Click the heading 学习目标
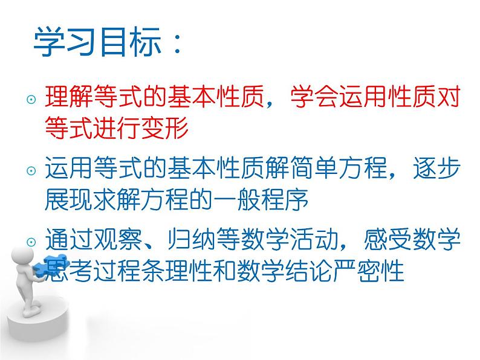[x=97, y=42]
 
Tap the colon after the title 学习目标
[x=177, y=45]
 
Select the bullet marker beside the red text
[x=31, y=99]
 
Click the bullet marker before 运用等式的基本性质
[x=31, y=170]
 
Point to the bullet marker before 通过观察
[x=31, y=242]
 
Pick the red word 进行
[x=117, y=128]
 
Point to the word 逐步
[x=436, y=167]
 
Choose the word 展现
[x=69, y=199]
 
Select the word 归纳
[x=191, y=239]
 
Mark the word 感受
[x=388, y=239]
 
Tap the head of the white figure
[x=22, y=256]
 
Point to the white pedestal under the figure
[x=37, y=325]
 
